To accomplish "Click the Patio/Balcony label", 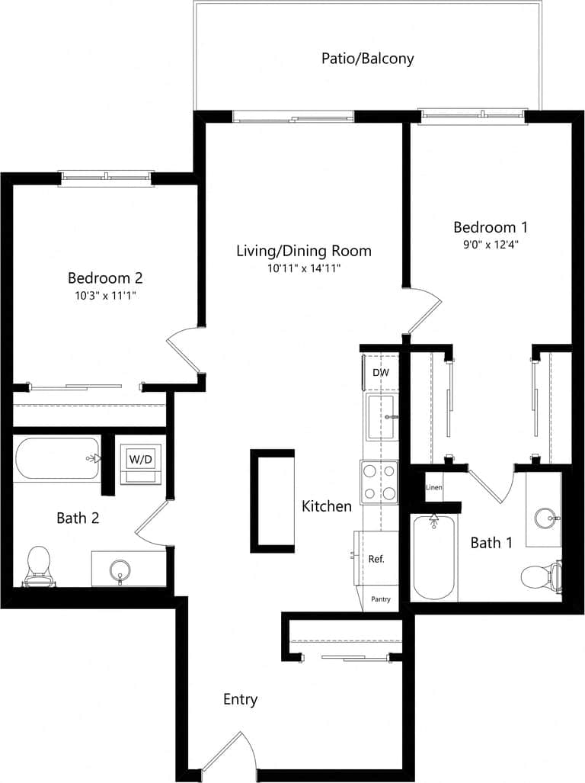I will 368,59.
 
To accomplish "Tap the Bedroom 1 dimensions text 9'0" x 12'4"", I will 491,245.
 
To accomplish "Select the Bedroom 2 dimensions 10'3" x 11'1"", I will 105,295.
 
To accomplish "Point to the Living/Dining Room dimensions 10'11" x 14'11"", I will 303,268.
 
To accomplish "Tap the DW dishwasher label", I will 380,373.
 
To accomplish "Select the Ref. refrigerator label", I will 376,558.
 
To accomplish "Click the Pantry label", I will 381,599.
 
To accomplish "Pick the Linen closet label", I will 433,487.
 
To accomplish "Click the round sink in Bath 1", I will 545,519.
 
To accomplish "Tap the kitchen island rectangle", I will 272,500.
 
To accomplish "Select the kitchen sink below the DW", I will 380,417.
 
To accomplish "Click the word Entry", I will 240,699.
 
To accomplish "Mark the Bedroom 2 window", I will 107,177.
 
